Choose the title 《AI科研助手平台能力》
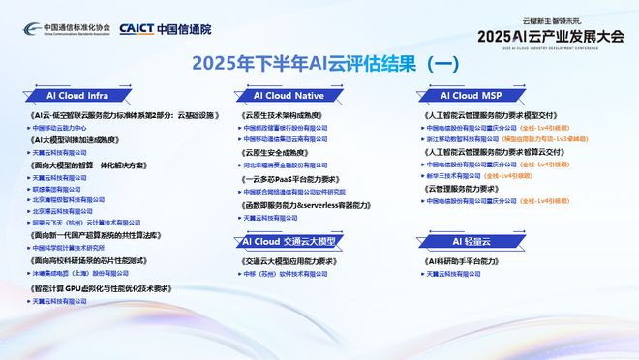point(466,261)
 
